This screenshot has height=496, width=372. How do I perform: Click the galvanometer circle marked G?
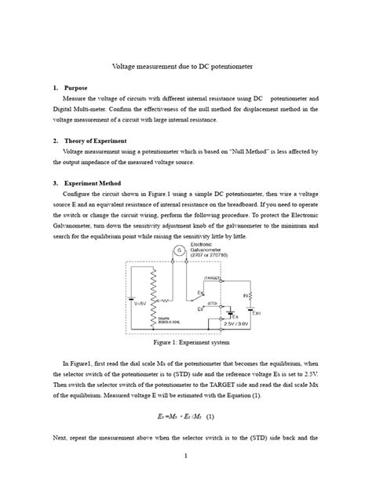(x=179, y=251)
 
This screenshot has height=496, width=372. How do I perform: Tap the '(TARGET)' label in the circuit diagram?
(x=212, y=277)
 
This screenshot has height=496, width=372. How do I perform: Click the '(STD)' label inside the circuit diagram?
(x=212, y=303)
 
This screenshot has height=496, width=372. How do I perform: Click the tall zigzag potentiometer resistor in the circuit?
(x=154, y=294)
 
